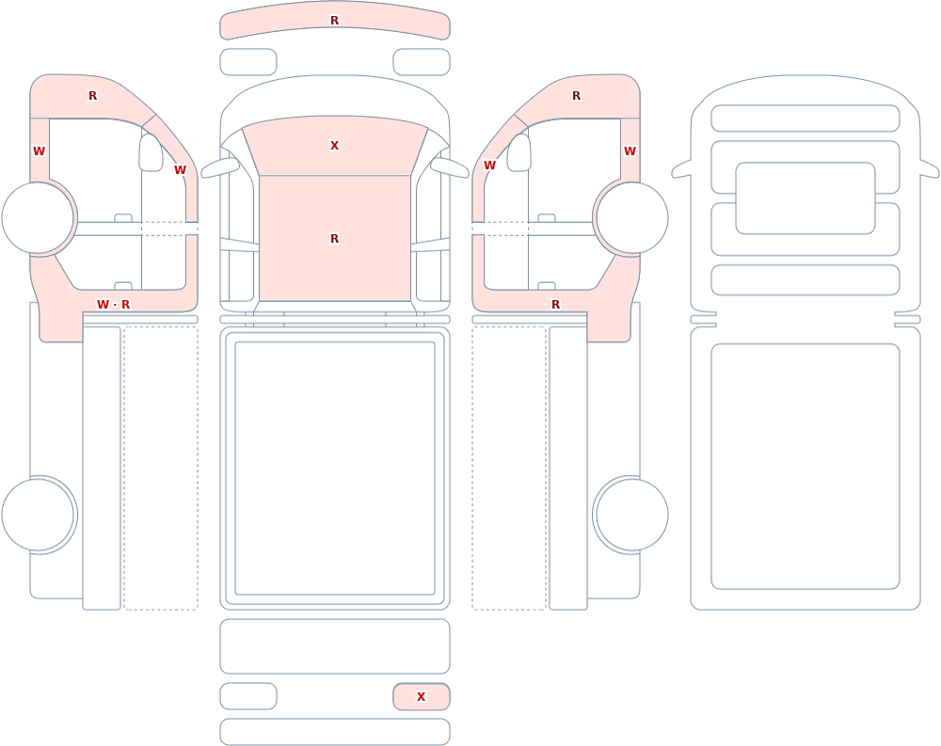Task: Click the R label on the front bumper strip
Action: coord(335,21)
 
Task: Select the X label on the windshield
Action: coord(335,145)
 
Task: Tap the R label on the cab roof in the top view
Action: coord(335,239)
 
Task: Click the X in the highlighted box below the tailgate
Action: coord(422,697)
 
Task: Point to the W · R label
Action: coord(114,305)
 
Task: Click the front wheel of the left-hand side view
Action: coord(38,218)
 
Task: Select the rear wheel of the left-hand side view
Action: coord(38,515)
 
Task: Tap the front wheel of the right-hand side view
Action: coord(631,218)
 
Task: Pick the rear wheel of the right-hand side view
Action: coord(631,515)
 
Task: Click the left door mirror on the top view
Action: coord(219,168)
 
